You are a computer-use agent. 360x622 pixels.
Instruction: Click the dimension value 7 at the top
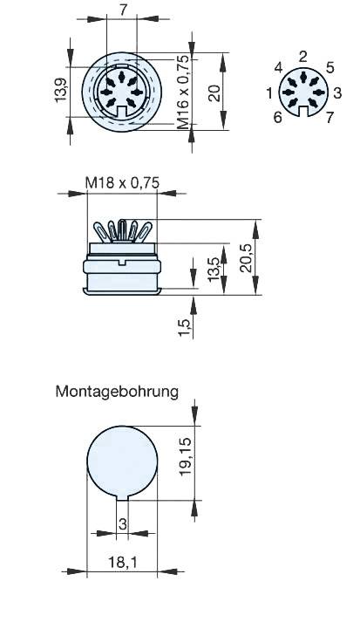tap(124, 10)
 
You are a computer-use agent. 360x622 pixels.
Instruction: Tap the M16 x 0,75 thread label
tap(182, 92)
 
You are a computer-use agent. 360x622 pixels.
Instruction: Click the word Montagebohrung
tap(117, 391)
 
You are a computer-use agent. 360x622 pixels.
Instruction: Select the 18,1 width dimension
tap(124, 564)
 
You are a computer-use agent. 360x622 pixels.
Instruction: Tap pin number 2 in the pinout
tap(302, 57)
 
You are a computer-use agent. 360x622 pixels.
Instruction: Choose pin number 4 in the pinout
tap(277, 68)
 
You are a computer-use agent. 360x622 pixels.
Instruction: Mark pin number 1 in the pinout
tap(269, 92)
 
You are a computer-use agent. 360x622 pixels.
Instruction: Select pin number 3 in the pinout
tap(337, 92)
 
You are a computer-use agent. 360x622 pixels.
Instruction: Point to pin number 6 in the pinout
tap(277, 117)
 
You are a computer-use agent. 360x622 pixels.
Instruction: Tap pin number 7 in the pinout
tap(329, 117)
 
